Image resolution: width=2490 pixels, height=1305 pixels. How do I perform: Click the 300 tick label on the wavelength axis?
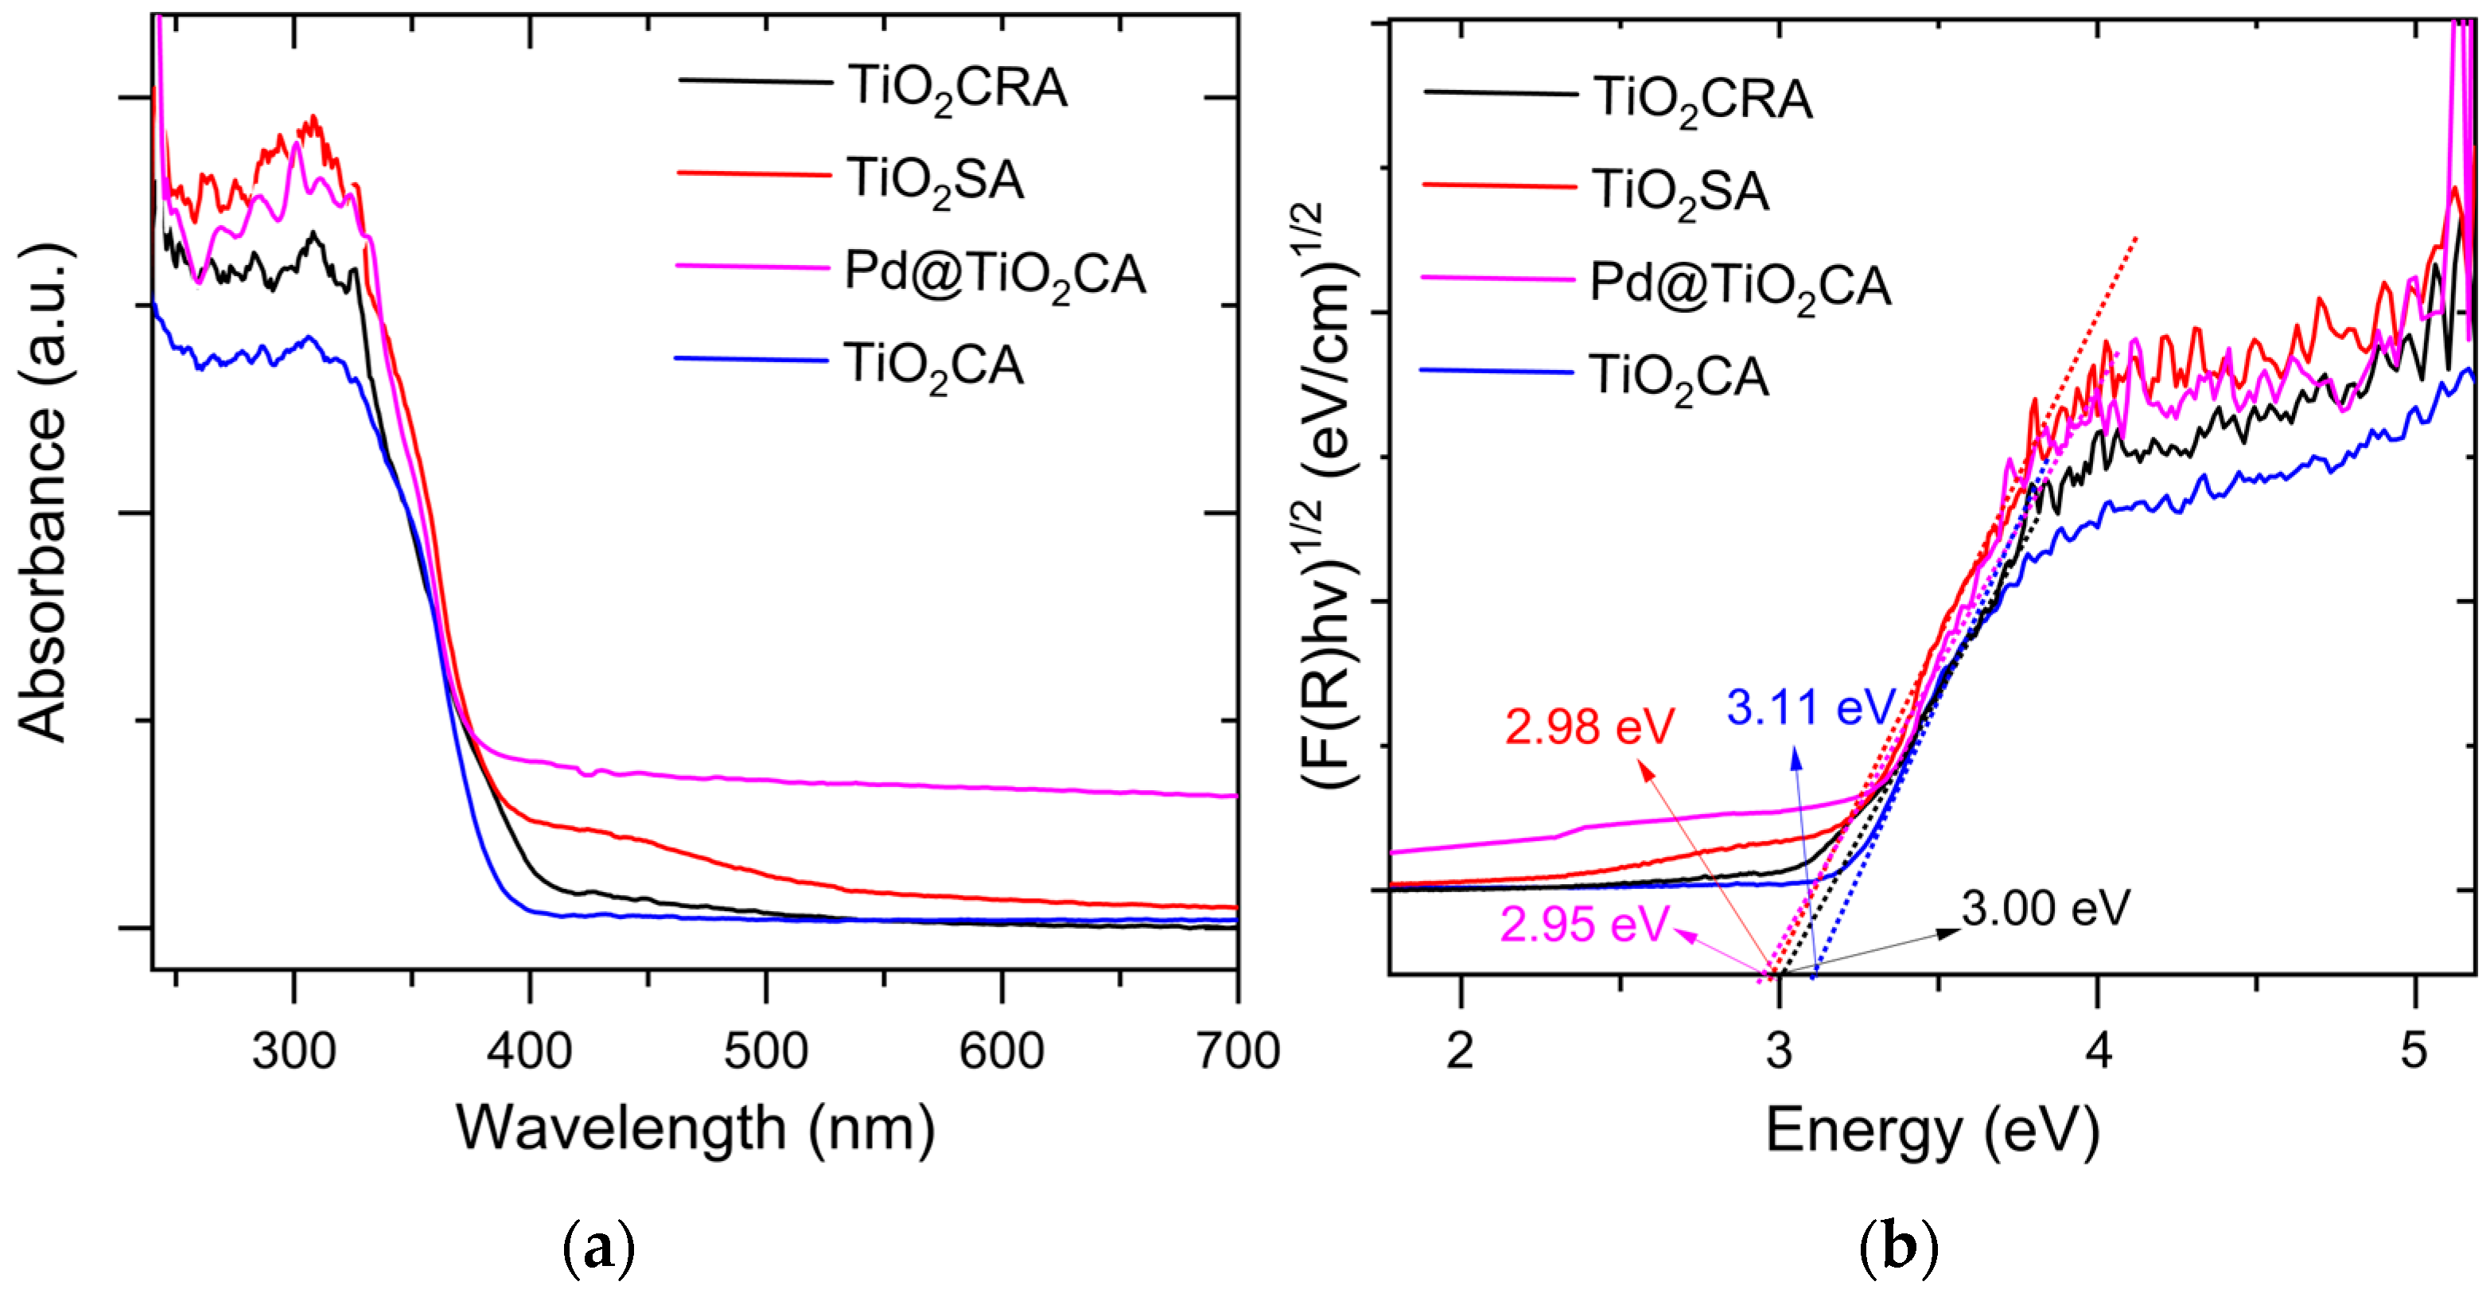pyautogui.click(x=294, y=1051)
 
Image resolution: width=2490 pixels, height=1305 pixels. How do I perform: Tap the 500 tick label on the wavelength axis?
pyautogui.click(x=765, y=1051)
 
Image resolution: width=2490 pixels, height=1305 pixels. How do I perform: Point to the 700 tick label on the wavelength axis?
pyautogui.click(x=1237, y=1051)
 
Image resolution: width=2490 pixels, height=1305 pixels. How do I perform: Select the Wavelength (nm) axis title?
pyautogui.click(x=696, y=1129)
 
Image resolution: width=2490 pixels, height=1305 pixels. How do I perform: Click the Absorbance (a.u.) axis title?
pyautogui.click(x=44, y=493)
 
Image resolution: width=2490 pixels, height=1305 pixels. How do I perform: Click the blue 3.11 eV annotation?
pyautogui.click(x=1811, y=707)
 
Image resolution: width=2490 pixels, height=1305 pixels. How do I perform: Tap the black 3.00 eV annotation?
pyautogui.click(x=2045, y=909)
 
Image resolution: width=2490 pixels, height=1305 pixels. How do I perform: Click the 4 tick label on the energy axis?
pyautogui.click(x=2098, y=1051)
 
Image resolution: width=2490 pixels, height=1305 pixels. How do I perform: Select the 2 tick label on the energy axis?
pyautogui.click(x=1461, y=1051)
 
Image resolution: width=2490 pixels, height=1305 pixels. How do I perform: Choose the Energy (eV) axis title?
pyautogui.click(x=1933, y=1129)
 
